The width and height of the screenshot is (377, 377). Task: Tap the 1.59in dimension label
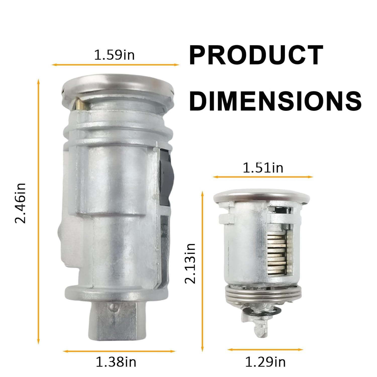click(x=114, y=55)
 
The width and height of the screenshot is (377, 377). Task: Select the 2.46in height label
click(x=20, y=203)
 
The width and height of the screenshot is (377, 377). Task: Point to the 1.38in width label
click(x=116, y=362)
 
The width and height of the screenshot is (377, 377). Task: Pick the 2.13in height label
click(x=190, y=263)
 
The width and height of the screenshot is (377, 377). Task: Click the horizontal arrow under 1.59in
click(x=116, y=65)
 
